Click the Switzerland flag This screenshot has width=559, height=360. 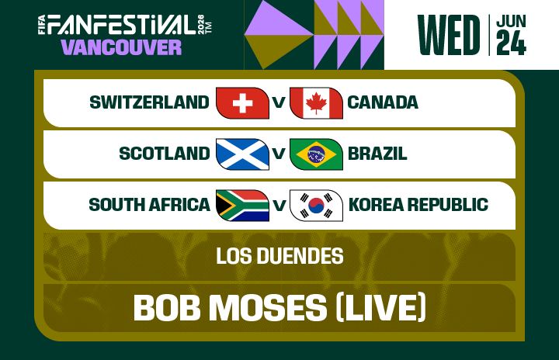[x=242, y=103]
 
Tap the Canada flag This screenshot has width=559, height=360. [x=316, y=103]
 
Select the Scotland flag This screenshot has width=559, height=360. [x=242, y=154]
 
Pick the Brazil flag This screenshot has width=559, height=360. [x=316, y=154]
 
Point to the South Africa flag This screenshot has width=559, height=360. [x=242, y=206]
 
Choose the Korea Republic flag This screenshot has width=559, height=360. [x=316, y=206]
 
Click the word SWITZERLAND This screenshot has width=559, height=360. [x=149, y=102]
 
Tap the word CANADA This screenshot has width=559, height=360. [x=383, y=102]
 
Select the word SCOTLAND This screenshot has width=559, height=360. [x=164, y=154]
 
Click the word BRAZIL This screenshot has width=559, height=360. [x=377, y=154]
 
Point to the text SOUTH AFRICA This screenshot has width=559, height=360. [x=149, y=205]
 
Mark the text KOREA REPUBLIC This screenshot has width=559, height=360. [x=418, y=205]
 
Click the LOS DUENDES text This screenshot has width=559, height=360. [x=279, y=255]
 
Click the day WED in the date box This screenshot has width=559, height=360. [x=448, y=35]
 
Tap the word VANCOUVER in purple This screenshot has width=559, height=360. [x=121, y=47]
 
